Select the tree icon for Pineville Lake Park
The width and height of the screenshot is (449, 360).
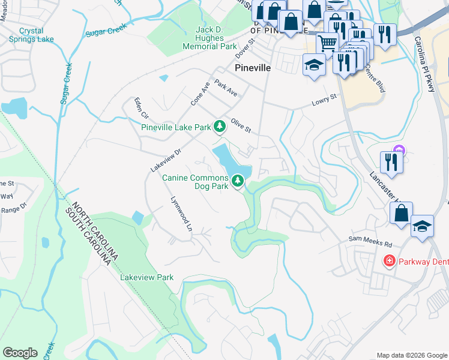[220, 126]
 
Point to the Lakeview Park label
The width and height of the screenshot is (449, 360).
[147, 277]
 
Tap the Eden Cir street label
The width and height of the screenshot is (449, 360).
[141, 108]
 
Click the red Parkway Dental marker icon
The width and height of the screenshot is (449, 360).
[390, 261]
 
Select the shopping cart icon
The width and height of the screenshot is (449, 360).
[327, 43]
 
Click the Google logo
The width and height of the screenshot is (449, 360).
[20, 353]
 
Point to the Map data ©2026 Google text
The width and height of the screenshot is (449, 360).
[411, 355]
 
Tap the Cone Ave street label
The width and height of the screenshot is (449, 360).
[200, 94]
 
